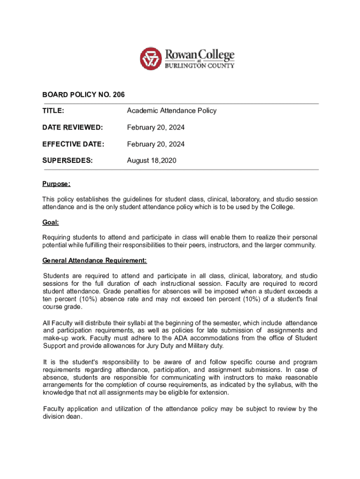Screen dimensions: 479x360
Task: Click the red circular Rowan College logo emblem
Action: tap(151, 59)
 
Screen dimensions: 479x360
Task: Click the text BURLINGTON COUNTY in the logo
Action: tap(199, 66)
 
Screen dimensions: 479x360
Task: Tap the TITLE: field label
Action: tap(53, 111)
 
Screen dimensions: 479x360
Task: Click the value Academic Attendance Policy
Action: tap(172, 111)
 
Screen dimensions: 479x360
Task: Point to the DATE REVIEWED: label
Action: tap(72, 128)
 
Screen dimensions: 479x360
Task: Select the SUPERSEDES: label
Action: tap(67, 161)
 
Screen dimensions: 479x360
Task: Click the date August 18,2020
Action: tap(151, 161)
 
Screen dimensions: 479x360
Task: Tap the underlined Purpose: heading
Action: tap(56, 184)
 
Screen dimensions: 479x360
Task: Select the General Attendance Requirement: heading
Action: tap(94, 261)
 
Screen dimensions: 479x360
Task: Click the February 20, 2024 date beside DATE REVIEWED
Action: tap(156, 128)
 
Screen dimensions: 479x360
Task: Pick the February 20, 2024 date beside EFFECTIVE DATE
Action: tap(156, 144)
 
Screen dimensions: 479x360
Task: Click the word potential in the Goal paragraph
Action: tap(54, 245)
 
